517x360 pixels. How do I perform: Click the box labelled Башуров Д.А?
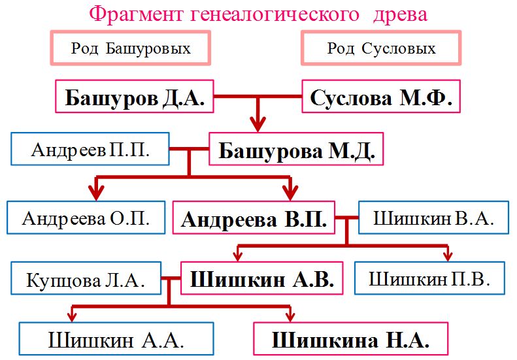pos(135,99)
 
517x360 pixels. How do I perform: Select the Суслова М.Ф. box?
pos(381,99)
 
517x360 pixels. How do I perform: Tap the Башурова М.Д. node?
pos(296,151)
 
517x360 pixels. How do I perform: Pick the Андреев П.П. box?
pos(90,150)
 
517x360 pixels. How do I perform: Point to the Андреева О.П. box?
pos(85,218)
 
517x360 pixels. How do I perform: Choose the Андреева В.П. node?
pos(254,218)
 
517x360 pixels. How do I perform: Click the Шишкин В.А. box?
pos(432,218)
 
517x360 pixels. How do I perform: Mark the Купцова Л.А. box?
pos(85,280)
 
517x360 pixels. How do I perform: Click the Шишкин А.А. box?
pos(116,340)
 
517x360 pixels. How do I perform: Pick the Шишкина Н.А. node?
pos(350,340)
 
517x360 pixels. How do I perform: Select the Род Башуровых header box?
pos(131,48)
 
